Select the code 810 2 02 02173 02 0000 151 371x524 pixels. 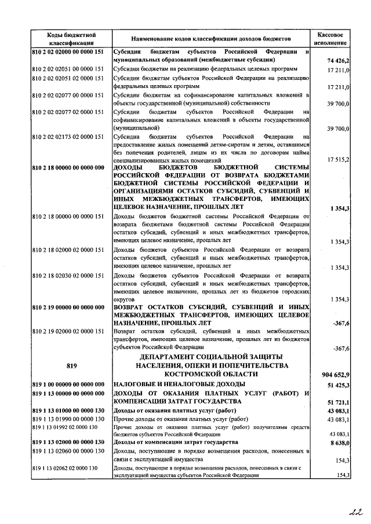[x=68, y=137]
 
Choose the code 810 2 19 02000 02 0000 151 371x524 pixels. [x=68, y=331]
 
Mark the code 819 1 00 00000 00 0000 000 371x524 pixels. [x=68, y=384]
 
